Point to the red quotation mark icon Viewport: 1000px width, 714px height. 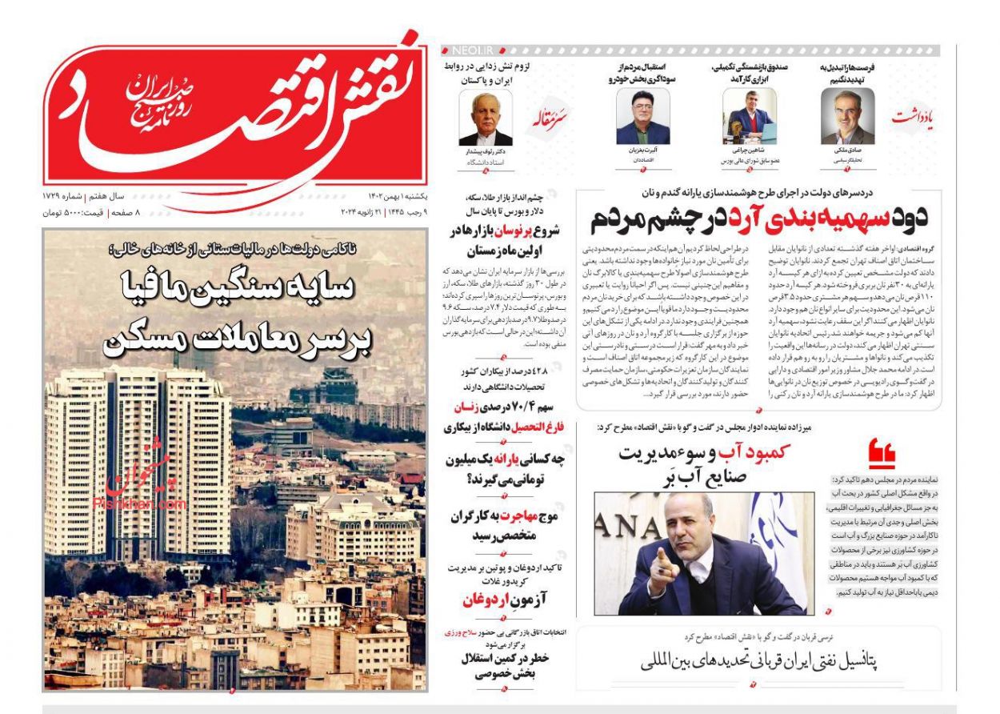point(882,452)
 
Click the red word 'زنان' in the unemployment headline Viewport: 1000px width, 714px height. point(471,407)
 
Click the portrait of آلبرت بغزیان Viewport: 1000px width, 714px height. point(642,117)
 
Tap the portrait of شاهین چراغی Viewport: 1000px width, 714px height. point(750,117)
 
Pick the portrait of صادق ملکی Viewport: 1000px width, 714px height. point(847,117)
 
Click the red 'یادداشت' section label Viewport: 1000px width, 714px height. point(912,118)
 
